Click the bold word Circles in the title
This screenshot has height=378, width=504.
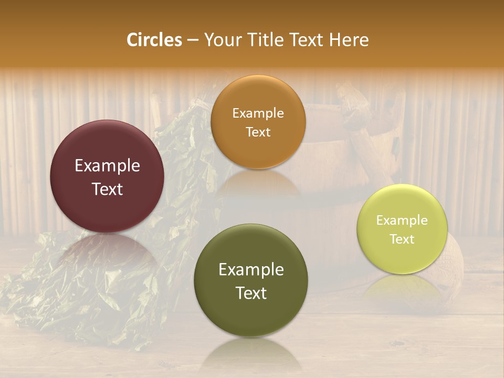tap(154, 40)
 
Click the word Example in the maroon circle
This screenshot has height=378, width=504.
tap(107, 166)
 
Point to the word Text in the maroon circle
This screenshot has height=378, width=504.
tap(107, 189)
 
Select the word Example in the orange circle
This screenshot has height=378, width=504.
tap(258, 113)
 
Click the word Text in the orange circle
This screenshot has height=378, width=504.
tap(258, 132)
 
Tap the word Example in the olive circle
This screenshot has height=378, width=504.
tap(251, 270)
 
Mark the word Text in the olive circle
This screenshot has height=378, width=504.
tap(251, 293)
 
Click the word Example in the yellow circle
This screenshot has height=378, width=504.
tap(402, 220)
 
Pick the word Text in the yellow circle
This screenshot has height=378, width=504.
tap(402, 239)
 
